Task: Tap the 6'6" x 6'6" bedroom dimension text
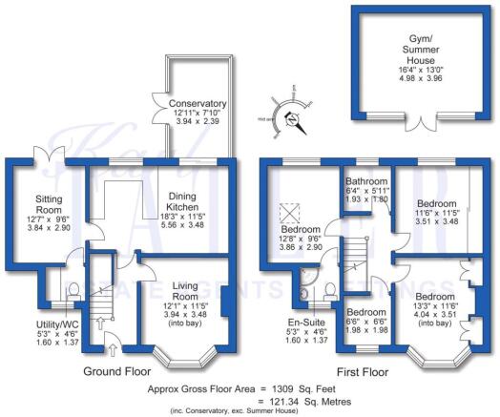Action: [366, 323]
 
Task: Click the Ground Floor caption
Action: [116, 368]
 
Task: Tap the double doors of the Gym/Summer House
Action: [412, 120]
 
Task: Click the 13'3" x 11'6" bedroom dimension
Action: [435, 307]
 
